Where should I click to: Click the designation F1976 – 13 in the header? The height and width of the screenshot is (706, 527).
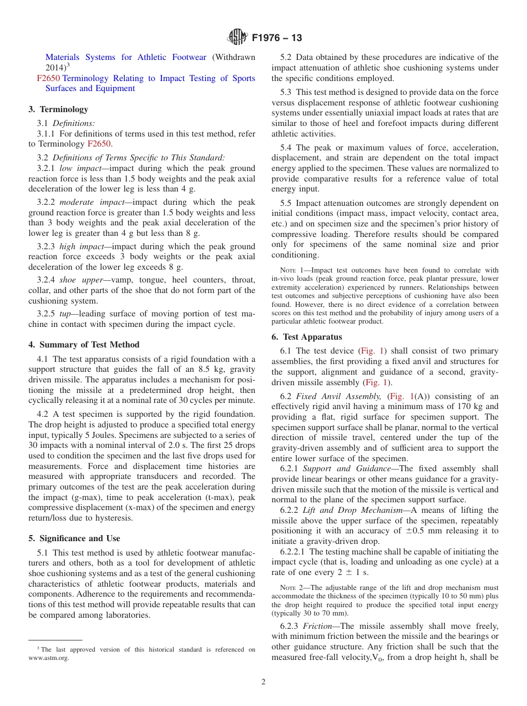tap(277, 38)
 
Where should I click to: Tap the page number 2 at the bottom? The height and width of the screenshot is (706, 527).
tap(263, 682)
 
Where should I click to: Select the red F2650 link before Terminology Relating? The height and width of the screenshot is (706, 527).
tap(48, 78)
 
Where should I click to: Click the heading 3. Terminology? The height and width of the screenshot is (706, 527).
tap(58, 109)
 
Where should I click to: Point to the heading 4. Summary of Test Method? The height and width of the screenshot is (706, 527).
tap(84, 345)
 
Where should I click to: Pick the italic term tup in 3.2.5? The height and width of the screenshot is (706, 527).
tap(65, 314)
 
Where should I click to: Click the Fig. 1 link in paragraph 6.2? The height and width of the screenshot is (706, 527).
tap(400, 396)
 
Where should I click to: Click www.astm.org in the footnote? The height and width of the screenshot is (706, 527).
tap(49, 658)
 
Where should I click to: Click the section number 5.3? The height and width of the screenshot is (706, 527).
tap(287, 92)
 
